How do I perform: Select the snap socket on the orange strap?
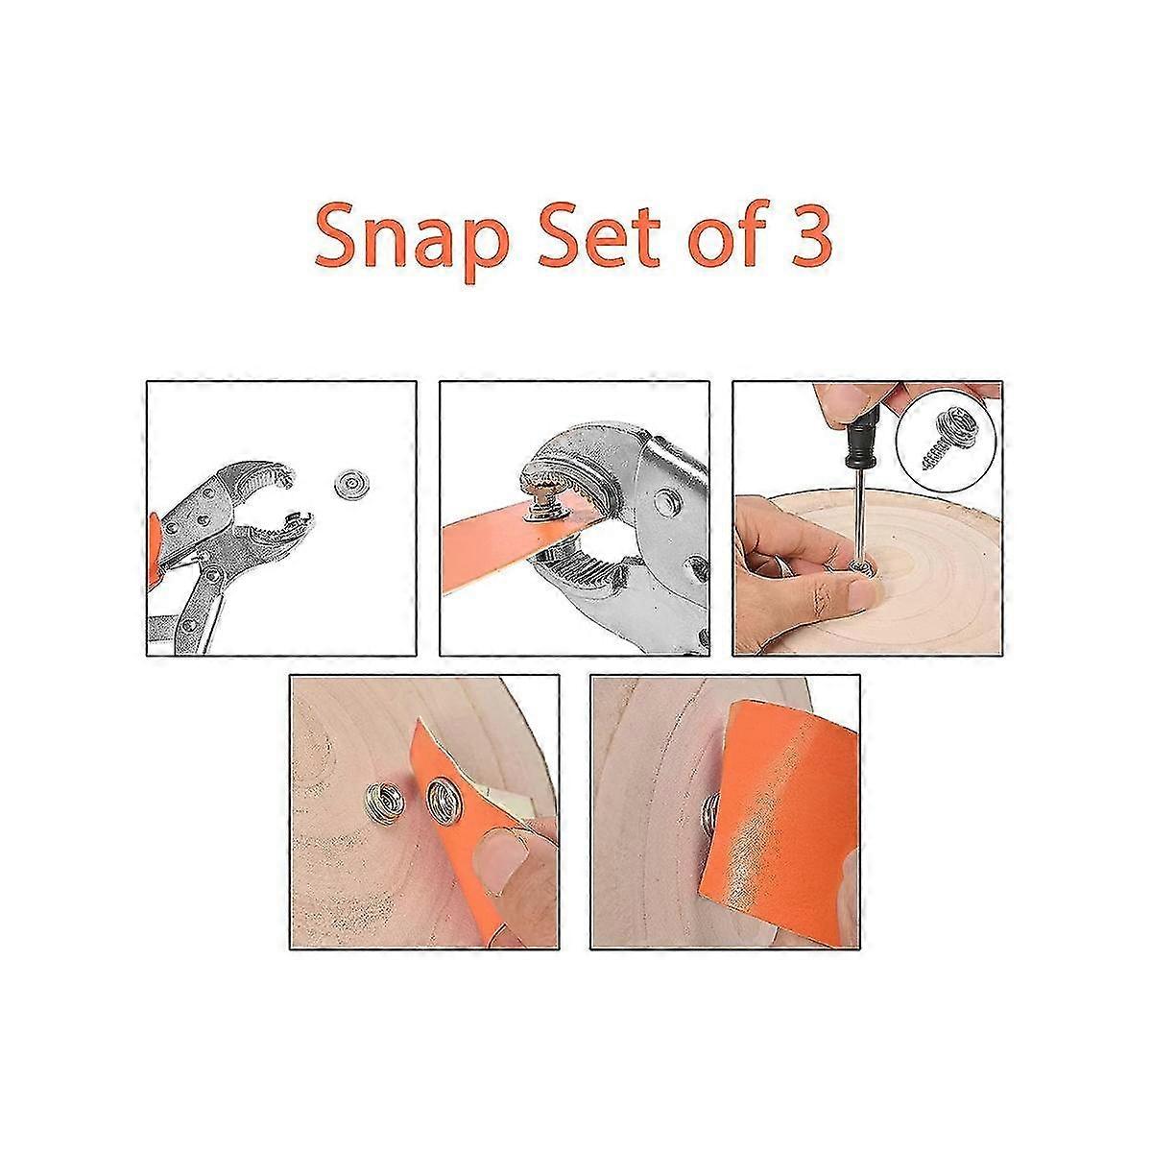coord(443,796)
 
